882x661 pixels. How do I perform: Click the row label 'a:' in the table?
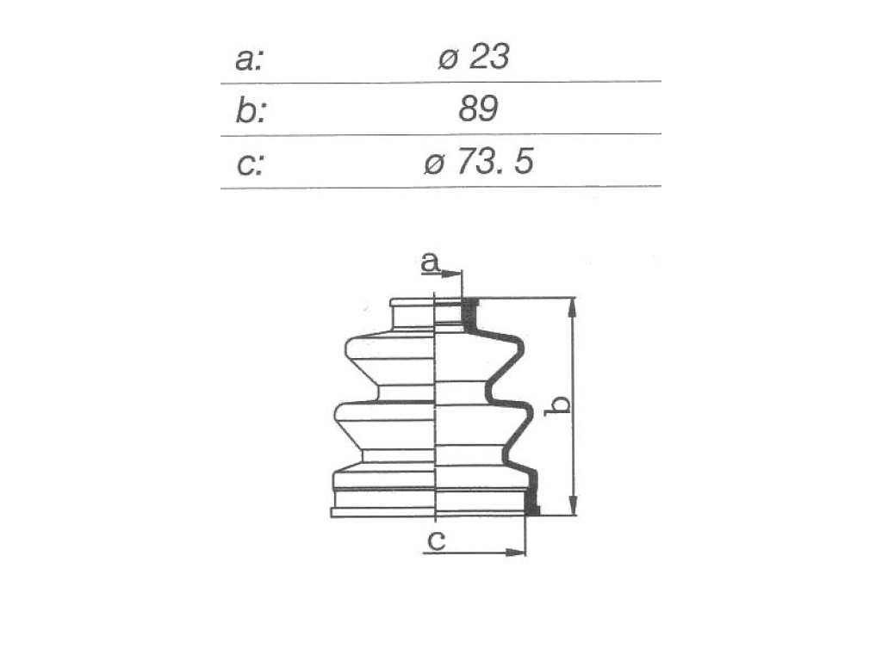point(249,59)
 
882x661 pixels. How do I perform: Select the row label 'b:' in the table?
point(250,110)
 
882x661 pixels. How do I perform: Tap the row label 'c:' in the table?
point(250,165)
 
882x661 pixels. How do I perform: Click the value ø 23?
point(474,57)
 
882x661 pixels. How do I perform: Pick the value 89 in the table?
point(478,109)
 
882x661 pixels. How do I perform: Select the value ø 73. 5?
point(478,163)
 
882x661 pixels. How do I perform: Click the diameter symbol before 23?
point(448,59)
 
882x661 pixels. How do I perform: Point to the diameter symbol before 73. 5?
point(435,164)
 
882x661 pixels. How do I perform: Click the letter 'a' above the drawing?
point(431,263)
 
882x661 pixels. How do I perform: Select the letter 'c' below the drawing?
point(437,541)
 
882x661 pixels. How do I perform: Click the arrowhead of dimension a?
point(453,274)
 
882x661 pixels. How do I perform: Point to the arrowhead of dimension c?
point(515,552)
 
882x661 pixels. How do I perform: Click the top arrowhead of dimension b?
point(573,308)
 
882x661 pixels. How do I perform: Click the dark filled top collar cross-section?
point(470,316)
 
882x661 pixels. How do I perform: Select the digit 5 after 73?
point(523,163)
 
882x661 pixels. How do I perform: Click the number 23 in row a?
point(489,57)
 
